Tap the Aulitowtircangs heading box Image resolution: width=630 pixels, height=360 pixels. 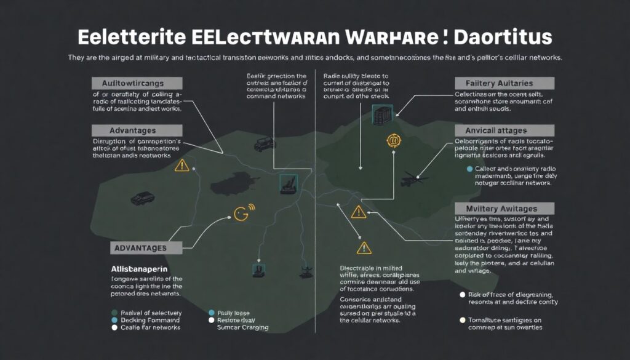(137, 83)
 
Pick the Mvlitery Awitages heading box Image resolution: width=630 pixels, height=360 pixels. (495, 209)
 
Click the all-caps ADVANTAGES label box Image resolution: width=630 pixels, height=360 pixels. (148, 248)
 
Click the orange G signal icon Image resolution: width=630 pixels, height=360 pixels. (241, 214)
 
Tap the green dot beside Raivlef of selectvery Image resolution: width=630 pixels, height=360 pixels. (114, 313)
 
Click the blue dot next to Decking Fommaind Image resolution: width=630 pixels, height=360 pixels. (114, 320)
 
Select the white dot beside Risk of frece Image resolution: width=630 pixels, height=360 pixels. (463, 295)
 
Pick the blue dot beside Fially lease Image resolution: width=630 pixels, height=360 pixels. (212, 313)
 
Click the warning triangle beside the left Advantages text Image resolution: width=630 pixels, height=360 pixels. (181, 165)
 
